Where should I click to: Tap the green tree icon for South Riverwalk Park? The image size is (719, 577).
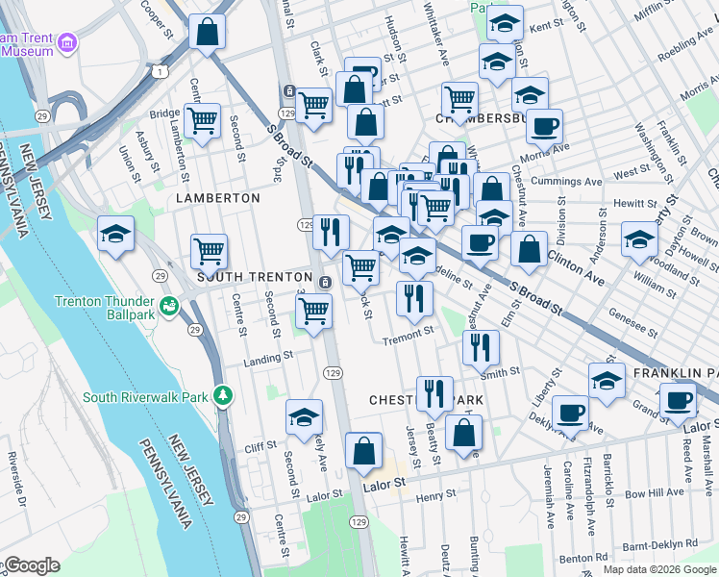(223, 395)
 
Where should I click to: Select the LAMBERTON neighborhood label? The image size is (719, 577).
(218, 197)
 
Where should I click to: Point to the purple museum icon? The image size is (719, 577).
(67, 42)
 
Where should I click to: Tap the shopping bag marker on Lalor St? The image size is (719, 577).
(363, 450)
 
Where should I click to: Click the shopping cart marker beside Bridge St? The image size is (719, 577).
(202, 121)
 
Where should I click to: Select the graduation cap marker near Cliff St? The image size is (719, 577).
(304, 417)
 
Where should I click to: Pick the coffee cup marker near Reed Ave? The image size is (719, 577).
(679, 399)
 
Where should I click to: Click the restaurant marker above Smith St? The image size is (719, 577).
(481, 346)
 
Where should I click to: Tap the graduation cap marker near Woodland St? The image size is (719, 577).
(639, 238)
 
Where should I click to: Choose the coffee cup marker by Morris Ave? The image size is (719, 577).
(545, 126)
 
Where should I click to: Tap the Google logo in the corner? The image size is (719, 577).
(31, 565)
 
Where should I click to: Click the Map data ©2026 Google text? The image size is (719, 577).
(659, 569)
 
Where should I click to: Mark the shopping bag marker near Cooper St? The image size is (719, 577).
(207, 32)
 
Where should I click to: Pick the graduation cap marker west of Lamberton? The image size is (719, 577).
(115, 234)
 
